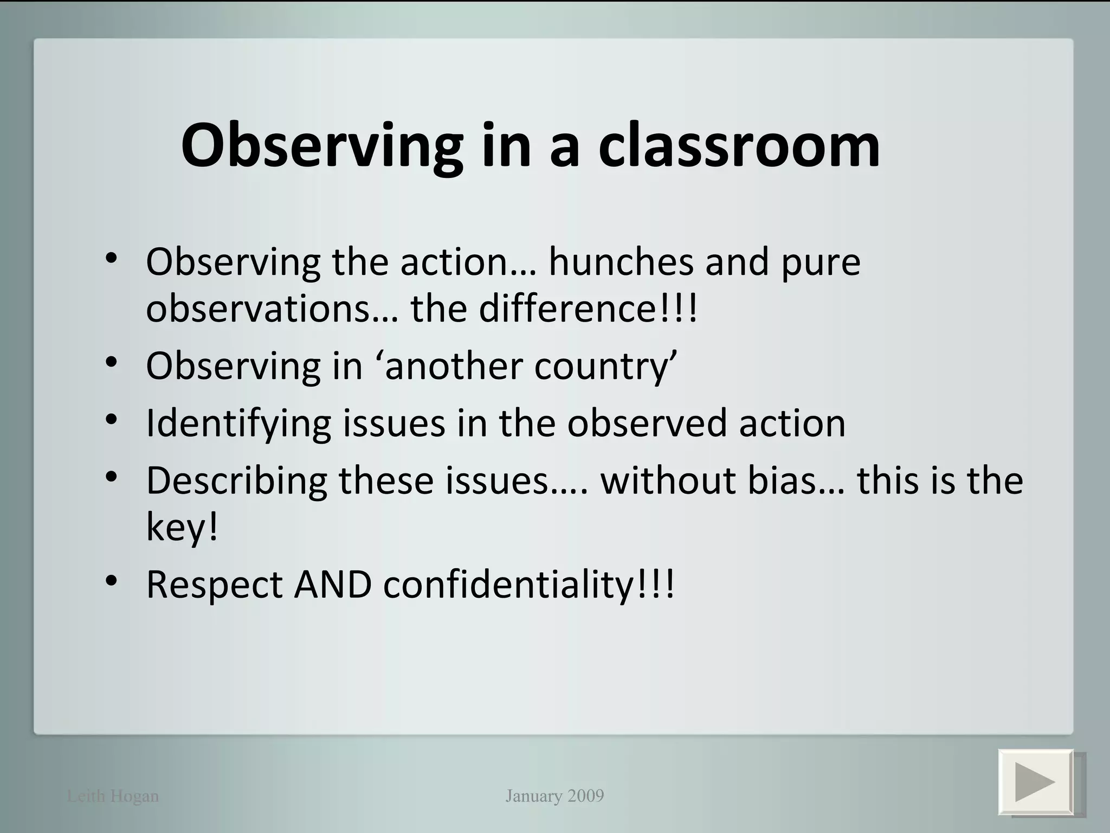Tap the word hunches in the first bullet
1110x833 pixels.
click(x=621, y=262)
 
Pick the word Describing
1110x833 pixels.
click(x=237, y=481)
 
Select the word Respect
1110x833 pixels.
click(x=215, y=585)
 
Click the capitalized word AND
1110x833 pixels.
click(x=333, y=585)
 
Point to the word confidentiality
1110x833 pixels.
click(x=508, y=585)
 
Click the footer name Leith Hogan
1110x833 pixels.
click(x=113, y=796)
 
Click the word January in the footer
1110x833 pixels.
click(x=534, y=796)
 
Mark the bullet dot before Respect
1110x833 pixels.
click(x=112, y=581)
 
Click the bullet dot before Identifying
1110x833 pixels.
click(x=112, y=420)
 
